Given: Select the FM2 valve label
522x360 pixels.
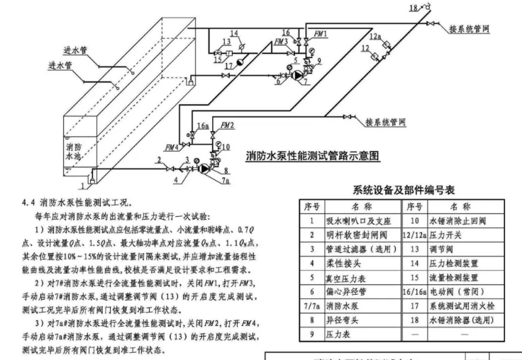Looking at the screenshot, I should [x=227, y=124].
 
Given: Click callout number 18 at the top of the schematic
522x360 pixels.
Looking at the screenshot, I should [x=413, y=8].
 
